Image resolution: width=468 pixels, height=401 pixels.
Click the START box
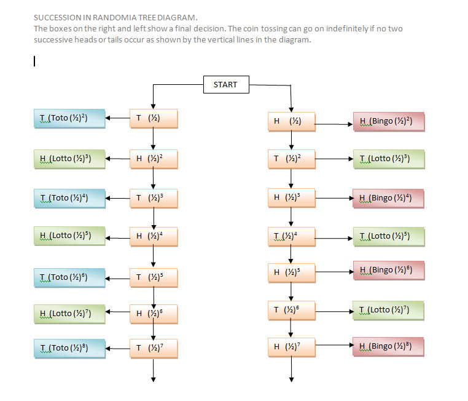226,84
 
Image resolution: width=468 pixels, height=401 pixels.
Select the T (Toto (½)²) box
69,118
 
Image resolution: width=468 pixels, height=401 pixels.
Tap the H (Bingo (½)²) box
389,122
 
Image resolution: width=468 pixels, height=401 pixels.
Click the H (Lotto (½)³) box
69,158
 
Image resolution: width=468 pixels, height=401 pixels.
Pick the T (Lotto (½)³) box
389,159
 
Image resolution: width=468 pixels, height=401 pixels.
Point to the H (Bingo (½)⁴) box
389,198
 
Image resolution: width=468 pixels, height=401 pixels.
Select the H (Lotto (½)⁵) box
69,235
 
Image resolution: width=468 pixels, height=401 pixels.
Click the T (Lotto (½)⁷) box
389,309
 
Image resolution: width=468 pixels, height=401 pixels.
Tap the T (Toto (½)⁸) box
69,348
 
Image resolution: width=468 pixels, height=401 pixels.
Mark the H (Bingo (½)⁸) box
389,346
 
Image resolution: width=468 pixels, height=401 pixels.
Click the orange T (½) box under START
154,119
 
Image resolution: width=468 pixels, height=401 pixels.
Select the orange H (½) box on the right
292,122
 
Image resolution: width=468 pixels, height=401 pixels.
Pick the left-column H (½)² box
154,159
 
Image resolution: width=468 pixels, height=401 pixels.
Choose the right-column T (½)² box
292,159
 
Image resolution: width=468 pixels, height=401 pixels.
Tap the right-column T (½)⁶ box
292,309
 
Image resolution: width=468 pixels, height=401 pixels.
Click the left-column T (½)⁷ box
154,348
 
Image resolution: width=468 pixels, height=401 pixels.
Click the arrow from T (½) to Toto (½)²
117,118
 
